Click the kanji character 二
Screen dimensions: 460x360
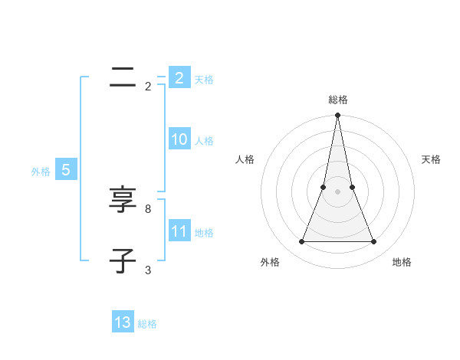tap(123, 77)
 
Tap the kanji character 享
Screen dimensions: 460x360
tap(123, 201)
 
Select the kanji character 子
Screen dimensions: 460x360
tap(123, 261)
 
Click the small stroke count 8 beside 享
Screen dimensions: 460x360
tap(148, 208)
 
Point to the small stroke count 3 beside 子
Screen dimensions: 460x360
tap(148, 270)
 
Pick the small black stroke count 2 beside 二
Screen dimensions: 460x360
tap(148, 87)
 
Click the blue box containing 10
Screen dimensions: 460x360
tap(179, 139)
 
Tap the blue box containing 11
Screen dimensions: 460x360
tap(179, 231)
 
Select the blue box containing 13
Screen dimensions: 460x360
tap(123, 322)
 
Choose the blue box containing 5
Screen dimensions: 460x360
tap(66, 170)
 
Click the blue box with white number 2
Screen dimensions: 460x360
tap(179, 78)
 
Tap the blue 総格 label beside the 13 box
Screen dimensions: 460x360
tap(147, 324)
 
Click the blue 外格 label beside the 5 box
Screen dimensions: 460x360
tap(41, 172)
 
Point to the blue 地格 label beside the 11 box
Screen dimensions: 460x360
tap(204, 233)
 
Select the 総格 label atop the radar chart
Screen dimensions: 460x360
tap(337, 100)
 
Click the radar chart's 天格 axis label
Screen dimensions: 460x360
tap(432, 159)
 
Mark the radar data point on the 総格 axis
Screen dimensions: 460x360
tap(337, 116)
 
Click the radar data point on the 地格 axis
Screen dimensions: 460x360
tap(373, 242)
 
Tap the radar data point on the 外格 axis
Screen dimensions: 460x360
tap(301, 242)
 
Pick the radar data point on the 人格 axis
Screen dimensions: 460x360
tap(324, 187)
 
